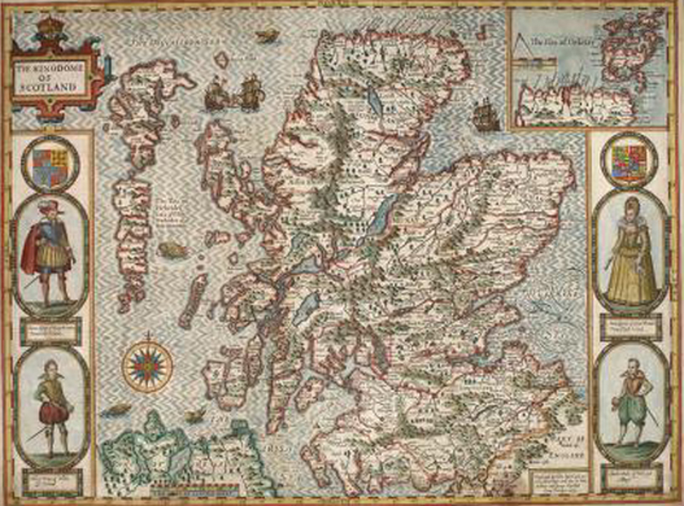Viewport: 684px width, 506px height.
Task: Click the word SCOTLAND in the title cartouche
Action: click(53, 89)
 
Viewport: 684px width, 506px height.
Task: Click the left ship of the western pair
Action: click(215, 96)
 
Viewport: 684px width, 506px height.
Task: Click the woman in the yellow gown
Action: click(631, 253)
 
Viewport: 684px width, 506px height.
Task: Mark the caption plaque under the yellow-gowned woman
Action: click(629, 325)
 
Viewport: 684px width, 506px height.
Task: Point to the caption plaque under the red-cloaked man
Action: click(50, 330)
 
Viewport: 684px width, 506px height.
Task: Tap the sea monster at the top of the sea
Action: click(266, 36)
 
